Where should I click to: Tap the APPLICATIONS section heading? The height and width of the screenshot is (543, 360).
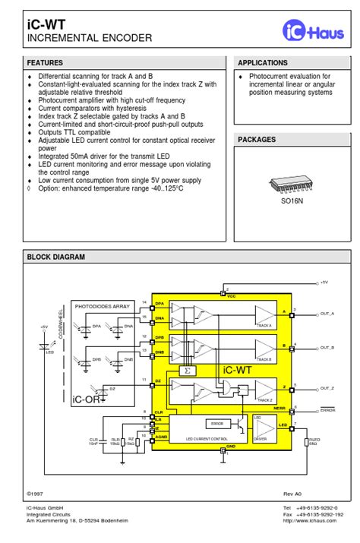[263, 63]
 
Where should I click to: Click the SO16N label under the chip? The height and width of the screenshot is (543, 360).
[292, 202]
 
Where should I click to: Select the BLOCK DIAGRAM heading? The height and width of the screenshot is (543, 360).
[56, 257]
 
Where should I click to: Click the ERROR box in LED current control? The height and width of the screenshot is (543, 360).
[217, 424]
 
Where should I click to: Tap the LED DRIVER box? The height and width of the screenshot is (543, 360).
[261, 428]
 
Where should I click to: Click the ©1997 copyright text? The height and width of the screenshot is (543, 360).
[36, 492]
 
